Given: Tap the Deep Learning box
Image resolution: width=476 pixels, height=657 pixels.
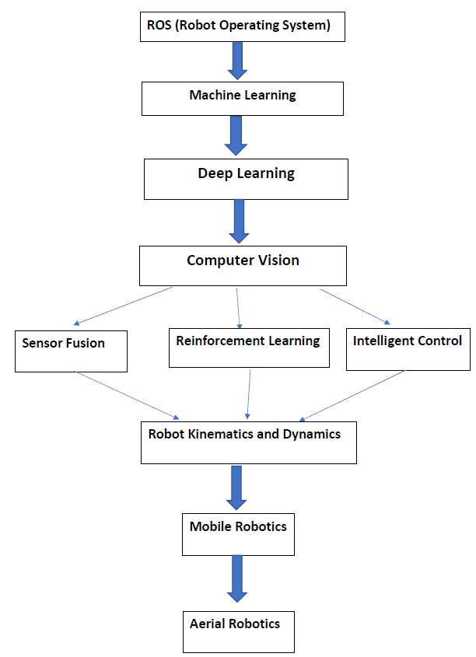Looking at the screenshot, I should tap(246, 179).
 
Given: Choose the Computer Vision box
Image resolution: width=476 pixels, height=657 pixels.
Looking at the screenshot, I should tap(243, 266).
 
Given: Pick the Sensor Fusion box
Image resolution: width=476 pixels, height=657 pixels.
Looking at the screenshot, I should tap(71, 350).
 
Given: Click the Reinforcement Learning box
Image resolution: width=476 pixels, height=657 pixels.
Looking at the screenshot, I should tap(247, 347).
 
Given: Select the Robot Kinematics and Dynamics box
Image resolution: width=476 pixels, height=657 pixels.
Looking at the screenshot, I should tap(249, 442).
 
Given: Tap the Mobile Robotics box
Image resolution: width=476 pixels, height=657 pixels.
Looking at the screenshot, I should tap(238, 533).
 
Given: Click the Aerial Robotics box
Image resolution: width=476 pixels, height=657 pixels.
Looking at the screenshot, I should tap(238, 631).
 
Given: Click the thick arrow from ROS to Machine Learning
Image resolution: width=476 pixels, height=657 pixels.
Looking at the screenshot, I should tap(238, 60).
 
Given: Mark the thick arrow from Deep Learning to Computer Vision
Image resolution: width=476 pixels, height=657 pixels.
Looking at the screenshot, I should tap(239, 221).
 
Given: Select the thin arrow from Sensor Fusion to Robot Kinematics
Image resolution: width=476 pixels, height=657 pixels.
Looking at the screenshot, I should tap(128, 394).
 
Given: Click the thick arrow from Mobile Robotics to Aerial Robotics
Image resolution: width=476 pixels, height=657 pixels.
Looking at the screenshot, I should tap(238, 578).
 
